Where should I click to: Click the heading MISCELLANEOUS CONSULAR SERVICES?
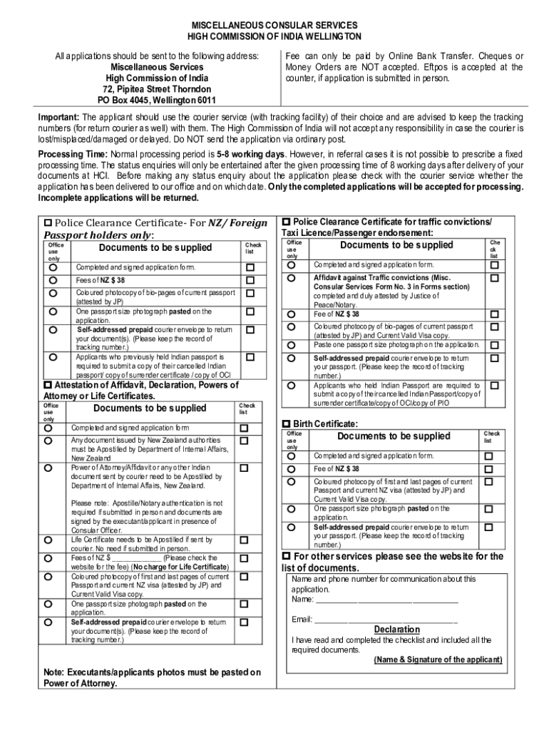click(274, 24)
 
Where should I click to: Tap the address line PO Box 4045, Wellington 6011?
click(157, 101)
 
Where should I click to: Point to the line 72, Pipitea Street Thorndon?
click(157, 89)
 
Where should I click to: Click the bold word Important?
click(59, 117)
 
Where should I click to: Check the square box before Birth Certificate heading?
click(287, 423)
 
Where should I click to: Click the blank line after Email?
click(385, 620)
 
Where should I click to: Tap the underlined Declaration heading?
click(397, 629)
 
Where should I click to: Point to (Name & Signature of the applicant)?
click(438, 659)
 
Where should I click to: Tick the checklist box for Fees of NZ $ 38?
click(250, 281)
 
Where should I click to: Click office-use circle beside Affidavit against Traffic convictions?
click(292, 277)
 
